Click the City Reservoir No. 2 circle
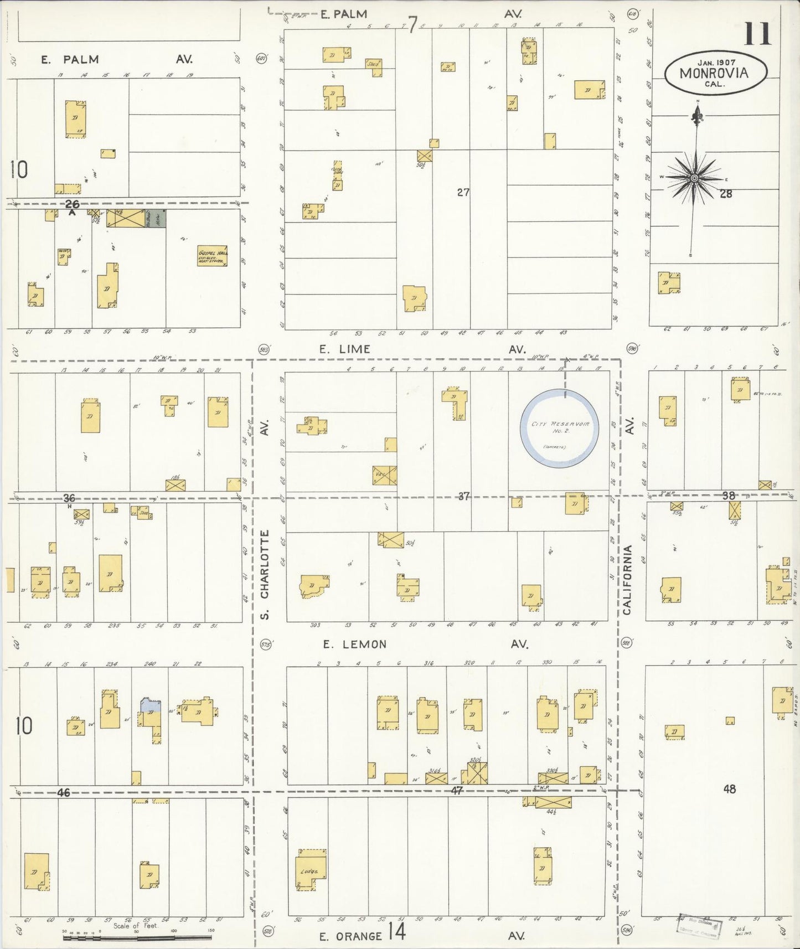click(559, 427)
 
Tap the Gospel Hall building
click(213, 256)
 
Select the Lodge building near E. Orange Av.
click(310, 872)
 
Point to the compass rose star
click(694, 178)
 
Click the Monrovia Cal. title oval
click(715, 73)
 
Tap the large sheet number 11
click(757, 34)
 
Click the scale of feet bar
click(138, 937)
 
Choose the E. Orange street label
click(351, 936)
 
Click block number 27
click(463, 192)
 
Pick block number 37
click(463, 496)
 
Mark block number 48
click(729, 788)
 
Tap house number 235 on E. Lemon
click(113, 626)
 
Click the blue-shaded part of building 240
click(151, 705)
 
